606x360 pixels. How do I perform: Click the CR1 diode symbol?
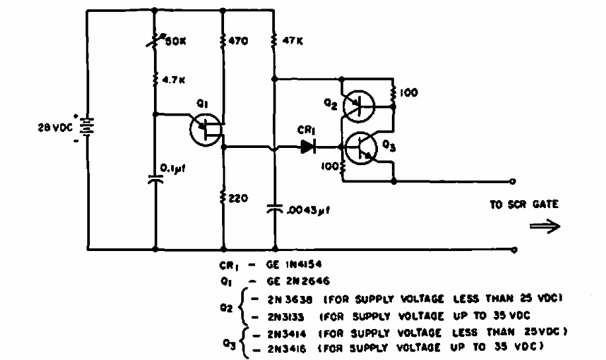[307, 147]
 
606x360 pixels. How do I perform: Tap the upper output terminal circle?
[513, 180]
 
